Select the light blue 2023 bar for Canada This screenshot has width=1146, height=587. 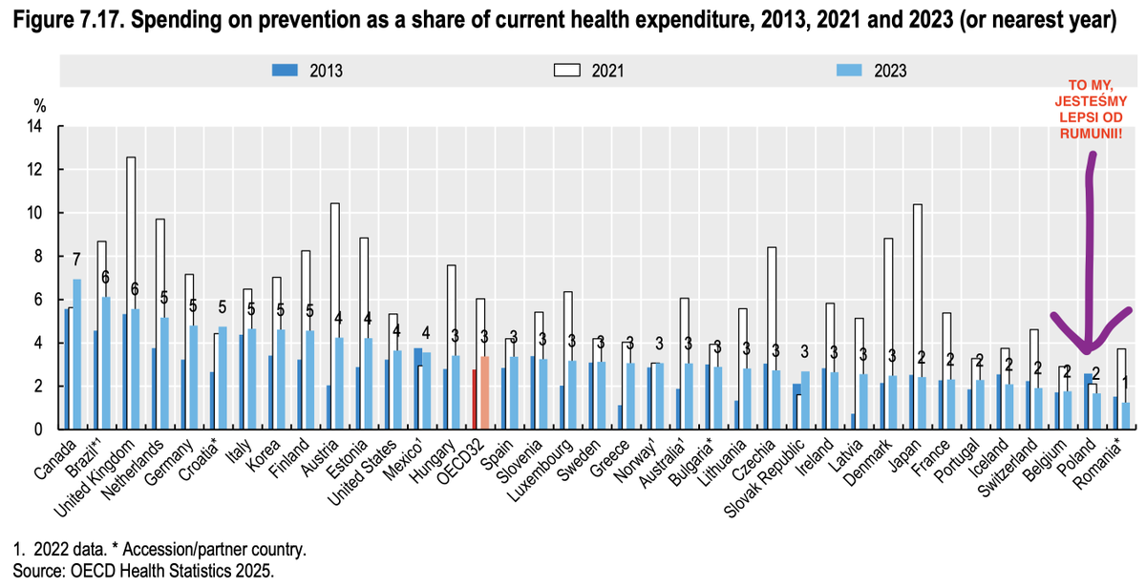click(x=77, y=353)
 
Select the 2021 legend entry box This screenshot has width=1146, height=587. click(x=568, y=70)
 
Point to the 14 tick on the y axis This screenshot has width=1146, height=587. click(x=38, y=126)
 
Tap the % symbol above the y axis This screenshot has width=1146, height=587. click(x=40, y=104)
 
